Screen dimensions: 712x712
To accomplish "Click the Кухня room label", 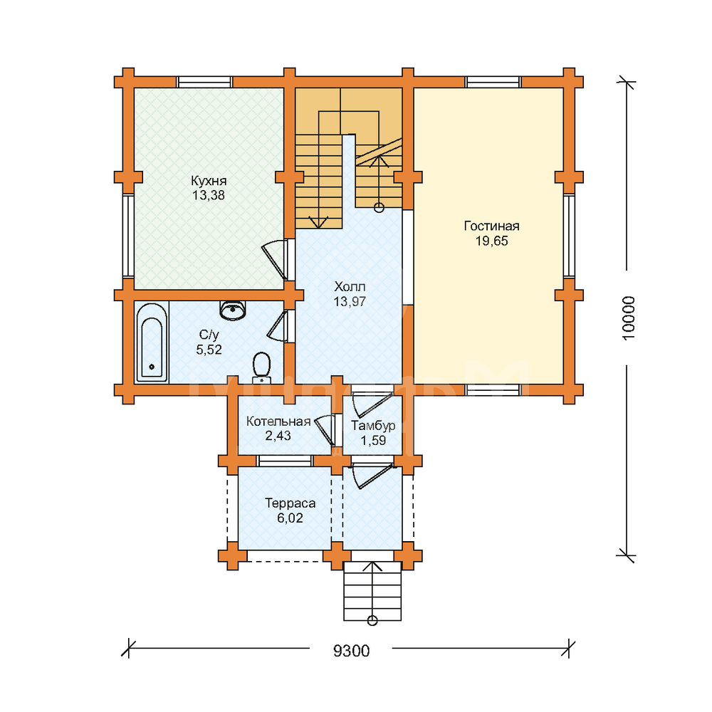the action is click(209, 181).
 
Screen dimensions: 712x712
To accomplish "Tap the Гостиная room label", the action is click(492, 226).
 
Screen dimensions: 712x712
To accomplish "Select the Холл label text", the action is click(350, 286).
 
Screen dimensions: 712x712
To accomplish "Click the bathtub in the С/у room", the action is click(152, 342).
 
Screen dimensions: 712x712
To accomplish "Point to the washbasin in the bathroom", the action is click(233, 310).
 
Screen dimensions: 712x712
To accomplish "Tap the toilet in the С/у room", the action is click(261, 367).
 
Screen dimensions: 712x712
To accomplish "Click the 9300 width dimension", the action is click(352, 651).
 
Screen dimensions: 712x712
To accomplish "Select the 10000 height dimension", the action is click(629, 318).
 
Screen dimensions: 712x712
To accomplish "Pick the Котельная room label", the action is click(278, 422).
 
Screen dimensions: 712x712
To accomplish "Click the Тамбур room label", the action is click(373, 426).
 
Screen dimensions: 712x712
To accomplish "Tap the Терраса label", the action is click(290, 503).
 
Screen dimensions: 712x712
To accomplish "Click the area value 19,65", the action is click(492, 241).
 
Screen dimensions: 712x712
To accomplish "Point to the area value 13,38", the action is click(209, 196).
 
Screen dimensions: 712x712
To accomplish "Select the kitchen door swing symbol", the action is click(275, 260).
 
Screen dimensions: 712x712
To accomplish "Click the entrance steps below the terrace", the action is click(372, 591).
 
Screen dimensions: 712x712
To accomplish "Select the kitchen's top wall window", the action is click(204, 82).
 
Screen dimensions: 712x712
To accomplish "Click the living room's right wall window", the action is click(569, 236).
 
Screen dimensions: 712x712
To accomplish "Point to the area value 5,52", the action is click(209, 350).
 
